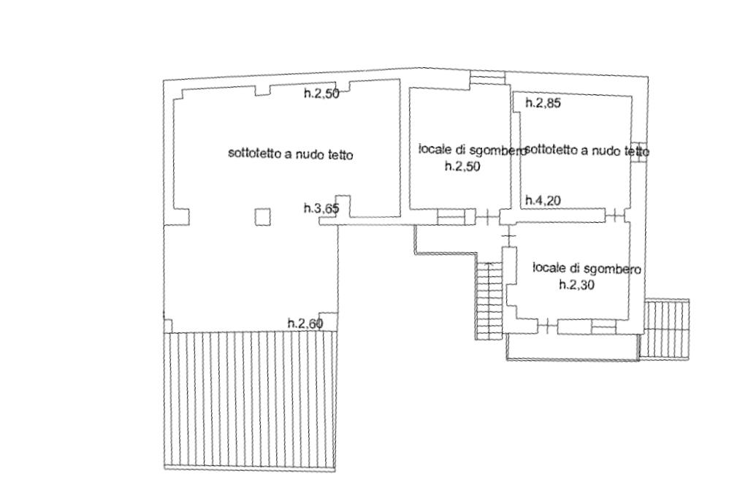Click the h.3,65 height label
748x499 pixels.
coord(321,209)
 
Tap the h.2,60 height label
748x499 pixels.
coord(305,323)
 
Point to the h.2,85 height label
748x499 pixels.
coord(543,104)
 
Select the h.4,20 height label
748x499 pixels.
coord(543,200)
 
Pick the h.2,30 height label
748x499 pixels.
coord(576,286)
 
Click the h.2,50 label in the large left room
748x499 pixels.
coord(321,94)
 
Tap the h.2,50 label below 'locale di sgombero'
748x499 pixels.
coord(463,166)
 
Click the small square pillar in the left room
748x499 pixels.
coord(262,216)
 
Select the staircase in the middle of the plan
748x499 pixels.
coord(488,300)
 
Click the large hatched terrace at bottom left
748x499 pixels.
coord(251,400)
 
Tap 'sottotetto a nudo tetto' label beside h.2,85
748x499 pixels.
coord(587,151)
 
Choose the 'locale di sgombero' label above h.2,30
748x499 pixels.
coord(587,269)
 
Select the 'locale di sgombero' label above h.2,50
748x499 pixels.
coord(472,150)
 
